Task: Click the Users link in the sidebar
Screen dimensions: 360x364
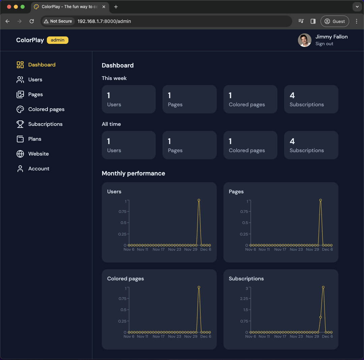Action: point(35,80)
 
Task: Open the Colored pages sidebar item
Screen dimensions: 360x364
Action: point(46,109)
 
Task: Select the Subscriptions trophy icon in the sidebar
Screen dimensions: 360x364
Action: point(20,124)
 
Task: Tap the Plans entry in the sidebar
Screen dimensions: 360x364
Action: point(35,139)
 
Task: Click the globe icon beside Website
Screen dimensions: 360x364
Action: point(20,154)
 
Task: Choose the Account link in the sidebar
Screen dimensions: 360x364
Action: point(39,169)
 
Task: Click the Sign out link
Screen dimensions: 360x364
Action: point(324,44)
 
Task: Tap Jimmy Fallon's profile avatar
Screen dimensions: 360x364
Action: point(305,40)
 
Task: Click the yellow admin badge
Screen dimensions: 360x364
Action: point(58,40)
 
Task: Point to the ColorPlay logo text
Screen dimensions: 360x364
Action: point(30,40)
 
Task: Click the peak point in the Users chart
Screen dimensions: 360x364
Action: point(199,200)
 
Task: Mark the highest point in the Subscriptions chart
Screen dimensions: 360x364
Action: point(323,287)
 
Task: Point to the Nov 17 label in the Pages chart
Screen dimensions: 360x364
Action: point(280,249)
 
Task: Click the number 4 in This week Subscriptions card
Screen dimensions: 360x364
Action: point(292,95)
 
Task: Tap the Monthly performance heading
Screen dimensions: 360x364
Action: point(133,173)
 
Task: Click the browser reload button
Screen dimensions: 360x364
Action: point(32,21)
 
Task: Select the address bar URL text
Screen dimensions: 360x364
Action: point(104,21)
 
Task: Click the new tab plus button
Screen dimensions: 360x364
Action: point(116,7)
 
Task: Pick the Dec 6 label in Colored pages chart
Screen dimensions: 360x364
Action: point(205,336)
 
